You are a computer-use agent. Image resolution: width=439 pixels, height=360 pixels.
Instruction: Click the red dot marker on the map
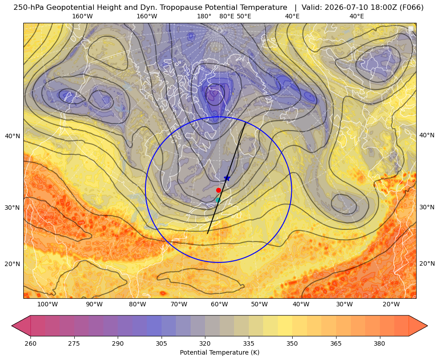(218, 190)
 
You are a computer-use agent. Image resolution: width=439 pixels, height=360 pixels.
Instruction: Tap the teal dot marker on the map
(218, 200)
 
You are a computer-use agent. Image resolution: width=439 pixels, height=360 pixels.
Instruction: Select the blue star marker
(227, 178)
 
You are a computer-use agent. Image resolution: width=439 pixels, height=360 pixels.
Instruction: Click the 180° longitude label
(204, 17)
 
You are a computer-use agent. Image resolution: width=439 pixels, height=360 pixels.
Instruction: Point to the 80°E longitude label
(226, 17)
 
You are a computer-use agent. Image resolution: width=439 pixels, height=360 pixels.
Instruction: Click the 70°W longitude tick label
(179, 305)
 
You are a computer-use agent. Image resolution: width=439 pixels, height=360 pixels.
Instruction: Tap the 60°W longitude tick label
(219, 305)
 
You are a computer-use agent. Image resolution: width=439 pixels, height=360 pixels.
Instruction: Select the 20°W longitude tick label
(391, 305)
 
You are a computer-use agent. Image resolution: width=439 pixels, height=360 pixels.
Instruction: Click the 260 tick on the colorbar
(30, 343)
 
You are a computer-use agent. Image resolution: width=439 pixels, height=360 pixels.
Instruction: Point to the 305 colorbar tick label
(161, 343)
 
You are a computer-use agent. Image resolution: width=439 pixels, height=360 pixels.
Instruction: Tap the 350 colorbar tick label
(292, 343)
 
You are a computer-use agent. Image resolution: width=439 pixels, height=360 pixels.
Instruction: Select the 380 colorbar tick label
(379, 343)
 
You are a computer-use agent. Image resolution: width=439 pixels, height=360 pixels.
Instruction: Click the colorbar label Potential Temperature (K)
(219, 352)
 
